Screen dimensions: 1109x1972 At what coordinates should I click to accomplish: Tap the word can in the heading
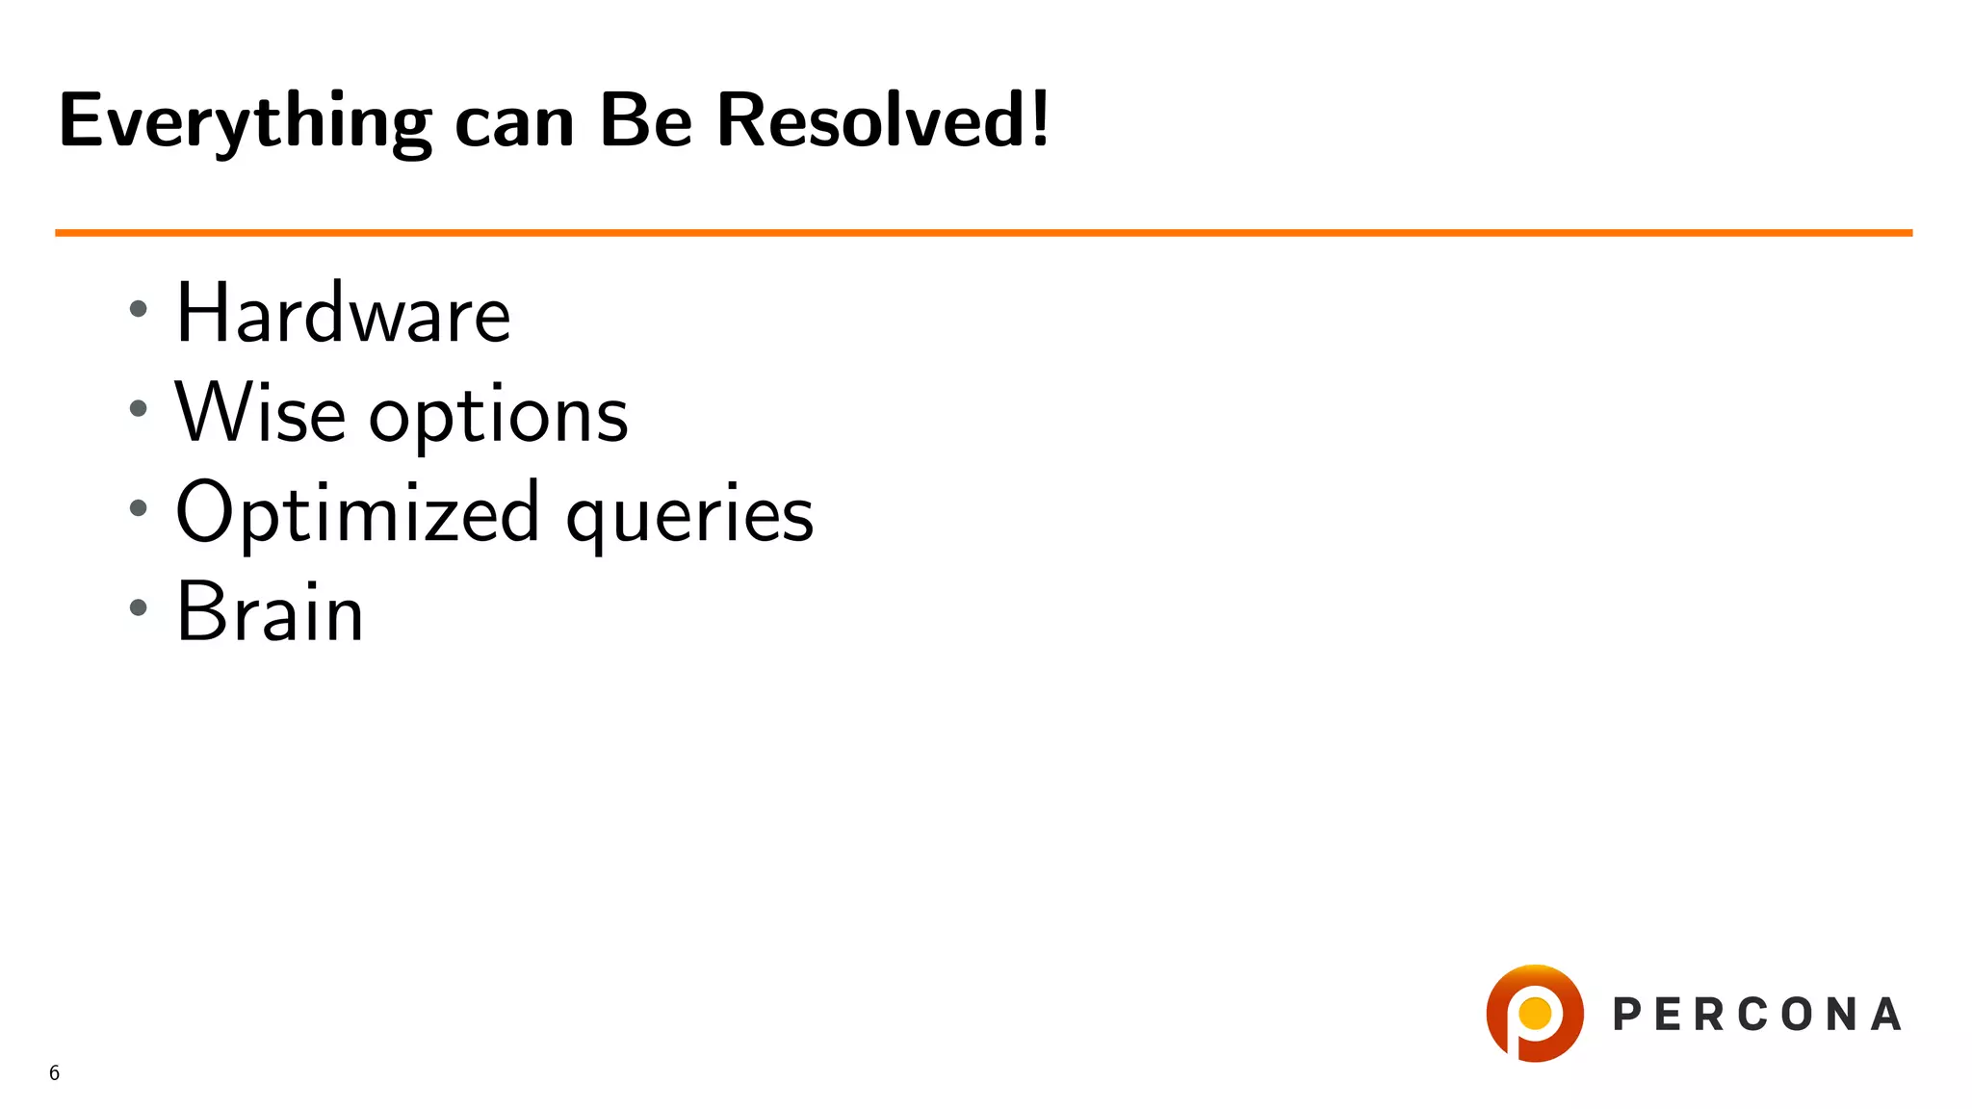pyautogui.click(x=514, y=124)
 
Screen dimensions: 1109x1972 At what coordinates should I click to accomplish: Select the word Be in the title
pyautogui.click(x=645, y=121)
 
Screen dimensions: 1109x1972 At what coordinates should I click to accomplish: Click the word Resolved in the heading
pyautogui.click(x=870, y=121)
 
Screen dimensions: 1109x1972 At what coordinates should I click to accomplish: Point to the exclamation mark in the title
pyautogui.click(x=1039, y=119)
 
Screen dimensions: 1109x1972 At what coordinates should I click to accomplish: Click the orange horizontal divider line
pyautogui.click(x=982, y=232)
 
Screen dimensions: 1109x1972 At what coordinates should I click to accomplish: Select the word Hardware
pyautogui.click(x=343, y=314)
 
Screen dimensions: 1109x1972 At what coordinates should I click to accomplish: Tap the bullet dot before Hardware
pyautogui.click(x=139, y=309)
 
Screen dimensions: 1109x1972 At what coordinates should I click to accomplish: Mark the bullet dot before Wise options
pyautogui.click(x=139, y=408)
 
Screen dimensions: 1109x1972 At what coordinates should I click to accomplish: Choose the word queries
pyautogui.click(x=689, y=518)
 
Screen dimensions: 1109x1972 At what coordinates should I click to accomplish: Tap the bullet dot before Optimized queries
pyautogui.click(x=139, y=508)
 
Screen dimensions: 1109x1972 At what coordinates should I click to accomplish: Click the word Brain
pyautogui.click(x=270, y=612)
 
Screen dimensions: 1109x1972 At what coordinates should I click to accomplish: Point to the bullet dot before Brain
pyautogui.click(x=139, y=607)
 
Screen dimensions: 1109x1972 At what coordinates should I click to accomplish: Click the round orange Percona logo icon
pyautogui.click(x=1535, y=1013)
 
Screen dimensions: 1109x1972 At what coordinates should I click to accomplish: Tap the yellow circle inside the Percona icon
pyautogui.click(x=1535, y=1013)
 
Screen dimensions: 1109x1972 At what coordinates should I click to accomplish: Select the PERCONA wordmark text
pyautogui.click(x=1756, y=1015)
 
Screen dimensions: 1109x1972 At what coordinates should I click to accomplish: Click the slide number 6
pyautogui.click(x=55, y=1072)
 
